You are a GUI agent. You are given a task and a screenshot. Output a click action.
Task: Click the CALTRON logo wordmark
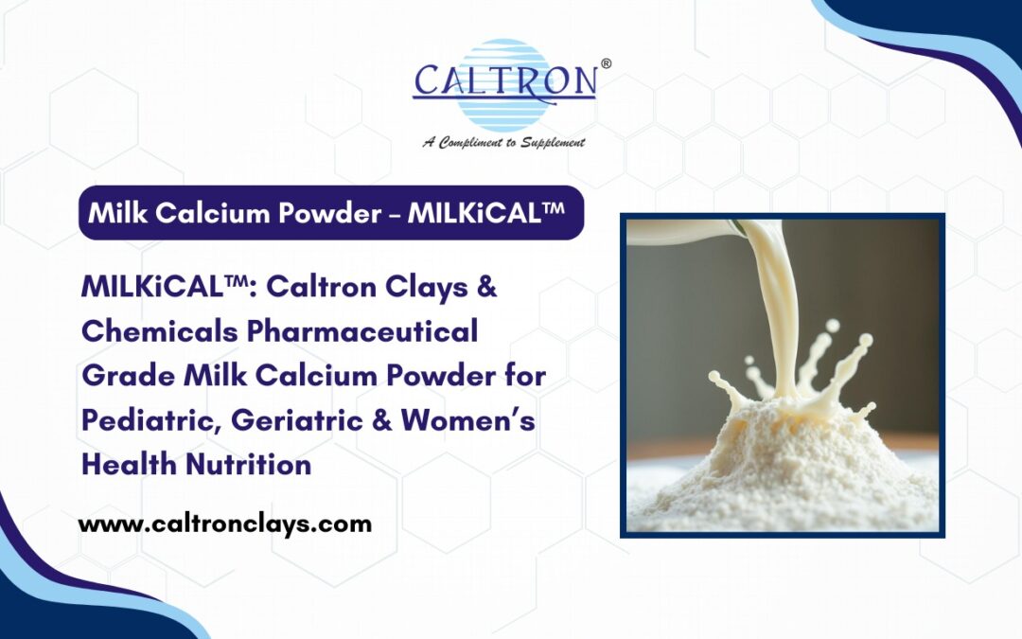(504, 81)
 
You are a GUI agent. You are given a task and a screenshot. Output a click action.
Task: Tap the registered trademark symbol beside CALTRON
(606, 64)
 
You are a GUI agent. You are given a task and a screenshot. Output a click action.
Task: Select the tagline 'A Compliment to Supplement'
(503, 142)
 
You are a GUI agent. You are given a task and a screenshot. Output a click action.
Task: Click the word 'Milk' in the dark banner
(113, 213)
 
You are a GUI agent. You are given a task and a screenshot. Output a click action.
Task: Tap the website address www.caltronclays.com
(224, 524)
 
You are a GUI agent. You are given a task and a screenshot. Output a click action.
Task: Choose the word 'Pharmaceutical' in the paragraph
(364, 332)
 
